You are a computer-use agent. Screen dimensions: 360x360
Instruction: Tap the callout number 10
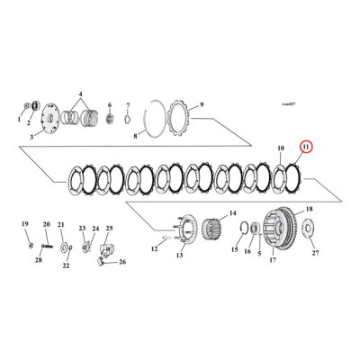point(280,147)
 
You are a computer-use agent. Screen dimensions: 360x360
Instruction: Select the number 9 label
point(202,103)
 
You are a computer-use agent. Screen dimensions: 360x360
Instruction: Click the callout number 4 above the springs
point(80,94)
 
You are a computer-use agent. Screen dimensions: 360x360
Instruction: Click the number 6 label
point(109,103)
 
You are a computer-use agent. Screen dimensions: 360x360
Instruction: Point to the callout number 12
point(154,248)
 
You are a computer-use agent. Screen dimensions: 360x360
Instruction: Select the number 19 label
point(24,222)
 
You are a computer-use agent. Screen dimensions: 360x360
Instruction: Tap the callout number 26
point(123,263)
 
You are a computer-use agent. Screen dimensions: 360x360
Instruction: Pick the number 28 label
point(39,259)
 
